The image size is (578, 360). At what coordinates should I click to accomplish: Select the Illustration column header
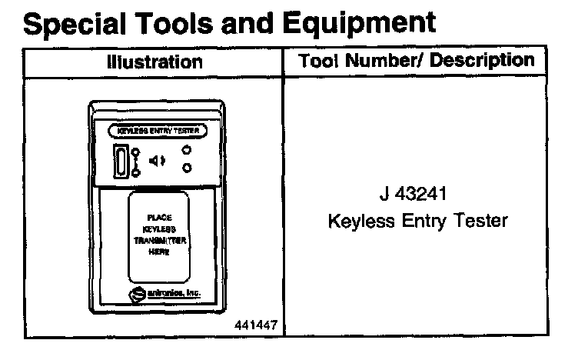(x=154, y=62)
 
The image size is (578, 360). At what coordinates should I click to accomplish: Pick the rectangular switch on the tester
(x=121, y=161)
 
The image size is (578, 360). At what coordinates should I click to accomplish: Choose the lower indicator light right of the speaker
(x=187, y=168)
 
